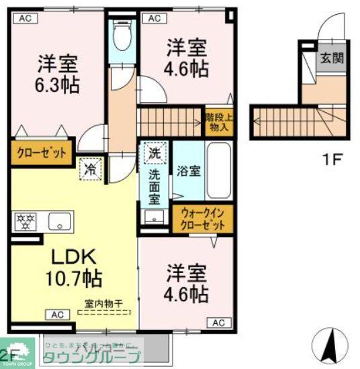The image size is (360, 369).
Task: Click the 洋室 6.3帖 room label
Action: coord(58,74)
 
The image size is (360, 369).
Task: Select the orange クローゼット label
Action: coord(41,153)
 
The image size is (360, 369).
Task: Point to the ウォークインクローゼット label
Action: coord(203,219)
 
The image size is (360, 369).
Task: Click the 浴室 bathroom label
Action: coord(187,170)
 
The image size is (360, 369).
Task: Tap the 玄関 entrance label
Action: coord(330,58)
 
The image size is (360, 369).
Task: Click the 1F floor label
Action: coord(330,160)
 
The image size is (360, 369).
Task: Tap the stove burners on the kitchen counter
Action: coord(26,221)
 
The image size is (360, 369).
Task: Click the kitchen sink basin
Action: coord(58,221)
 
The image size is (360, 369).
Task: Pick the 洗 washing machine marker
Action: coord(154,153)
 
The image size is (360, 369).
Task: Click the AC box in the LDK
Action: coord(57,315)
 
